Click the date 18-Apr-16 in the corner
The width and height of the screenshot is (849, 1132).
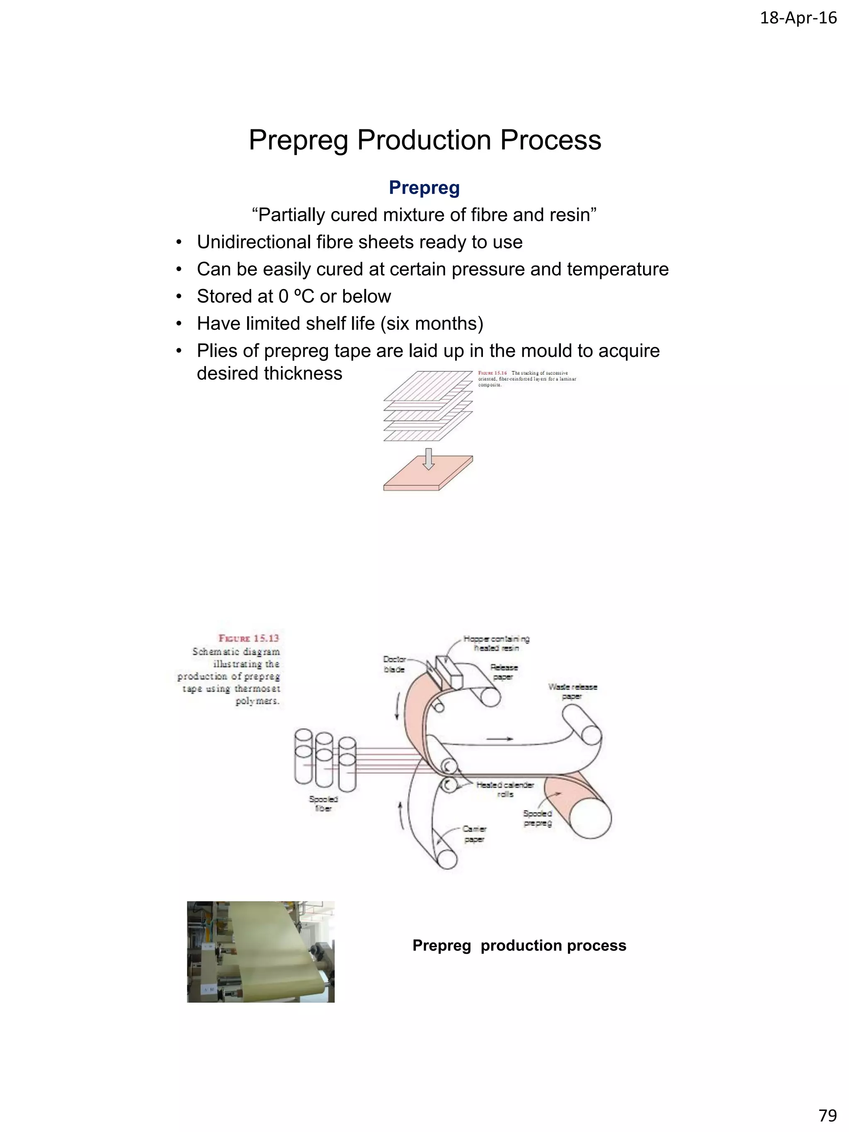(x=798, y=18)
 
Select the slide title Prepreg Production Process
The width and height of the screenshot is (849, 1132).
(x=425, y=140)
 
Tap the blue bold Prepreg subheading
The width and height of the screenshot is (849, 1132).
(x=424, y=187)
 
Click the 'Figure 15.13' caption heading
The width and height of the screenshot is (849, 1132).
(x=249, y=638)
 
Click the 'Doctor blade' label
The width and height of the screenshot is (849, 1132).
(x=395, y=664)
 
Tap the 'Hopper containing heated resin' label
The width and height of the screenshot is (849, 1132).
(x=496, y=643)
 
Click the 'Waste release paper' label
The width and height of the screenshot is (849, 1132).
(x=572, y=691)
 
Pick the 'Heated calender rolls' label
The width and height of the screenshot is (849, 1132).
(x=505, y=789)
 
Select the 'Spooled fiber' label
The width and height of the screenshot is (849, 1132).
(x=323, y=803)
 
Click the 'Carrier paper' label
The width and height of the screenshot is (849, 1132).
(x=474, y=834)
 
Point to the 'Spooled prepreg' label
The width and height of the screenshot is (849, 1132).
(x=537, y=818)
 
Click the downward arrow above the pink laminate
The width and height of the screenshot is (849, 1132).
(x=429, y=458)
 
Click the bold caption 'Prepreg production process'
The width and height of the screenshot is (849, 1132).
(x=519, y=945)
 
